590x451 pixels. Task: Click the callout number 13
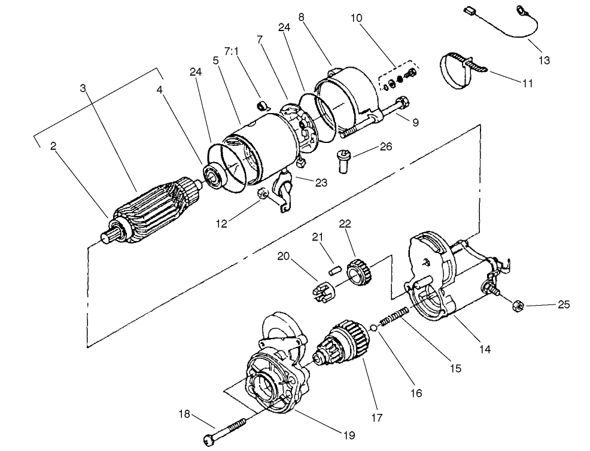pos(544,60)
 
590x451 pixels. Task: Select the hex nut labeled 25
pos(519,306)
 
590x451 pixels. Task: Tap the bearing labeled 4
pos(214,175)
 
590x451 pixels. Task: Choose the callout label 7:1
pos(232,51)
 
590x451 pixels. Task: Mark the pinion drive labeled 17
pos(344,345)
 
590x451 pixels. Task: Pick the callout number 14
pos(484,349)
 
